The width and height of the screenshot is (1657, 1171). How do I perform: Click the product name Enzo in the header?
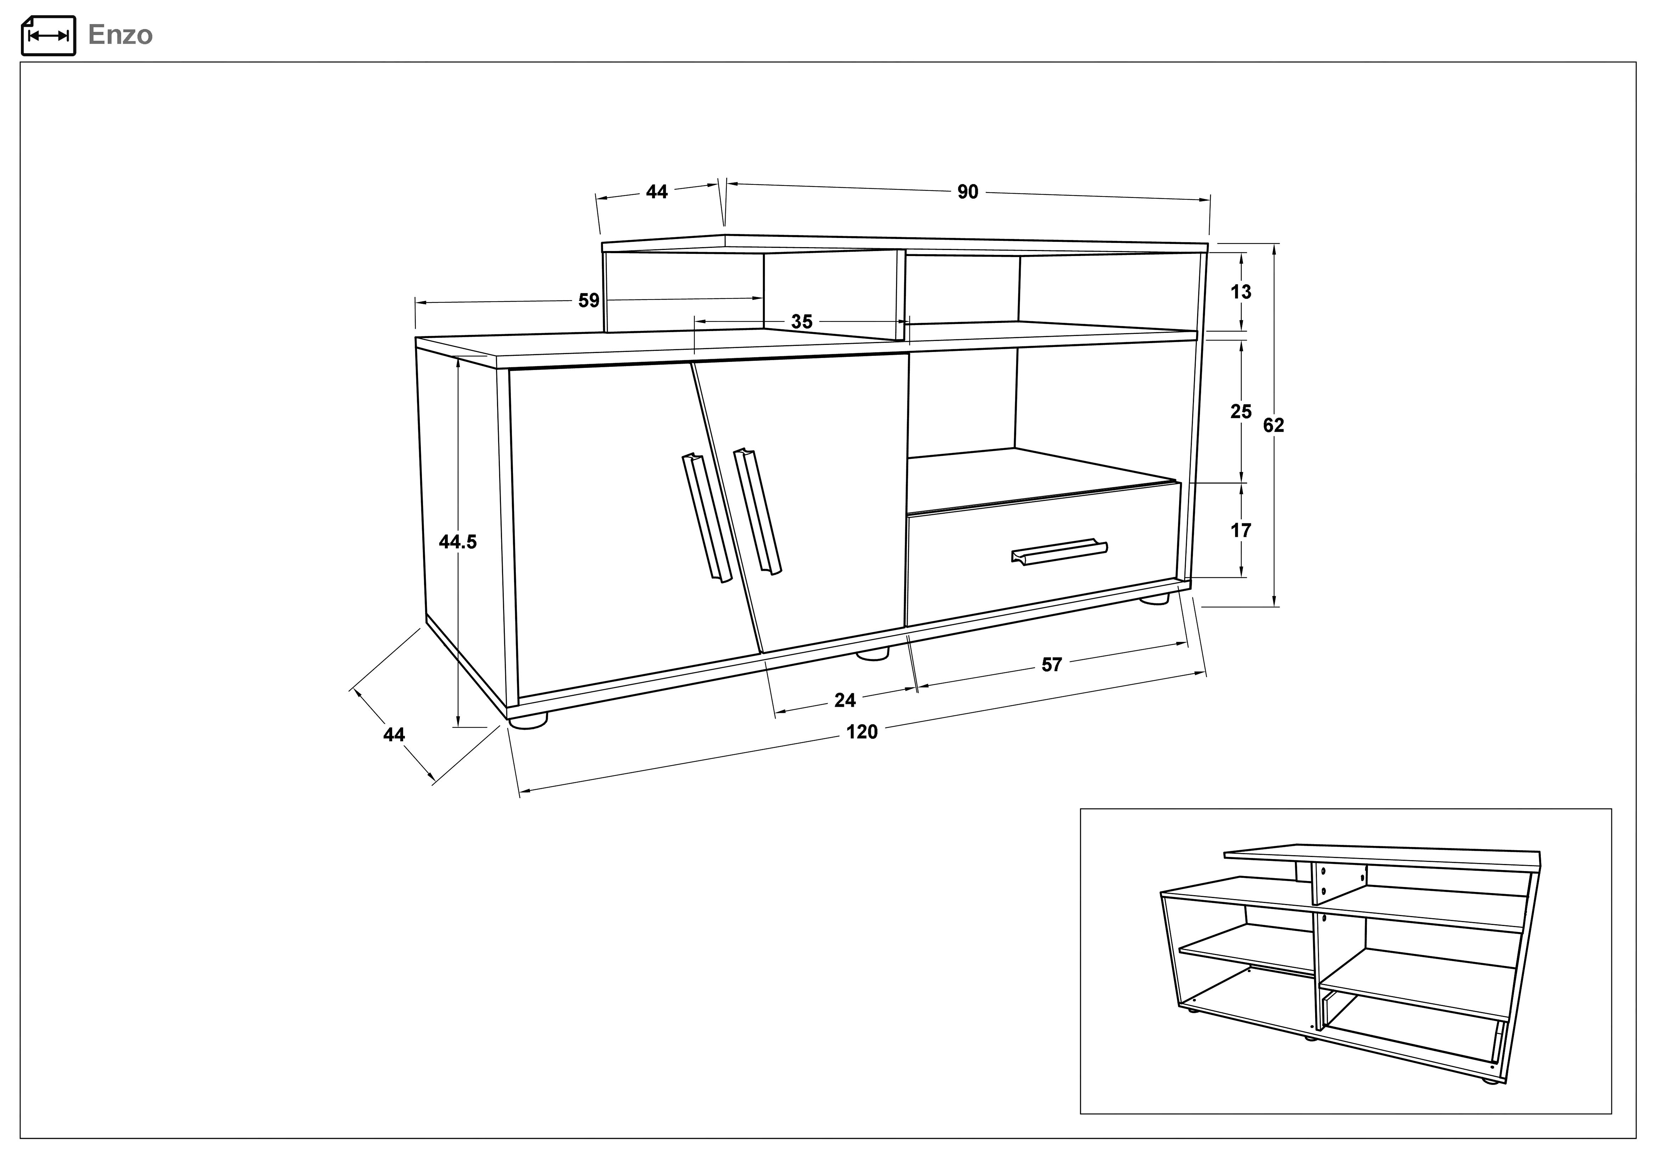click(x=120, y=35)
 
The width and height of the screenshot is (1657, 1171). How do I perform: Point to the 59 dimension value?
click(x=589, y=300)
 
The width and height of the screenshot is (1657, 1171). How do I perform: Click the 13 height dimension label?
click(x=1241, y=292)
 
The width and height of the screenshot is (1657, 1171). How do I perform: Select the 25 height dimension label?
click(x=1241, y=412)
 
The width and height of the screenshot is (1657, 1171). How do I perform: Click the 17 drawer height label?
click(x=1241, y=531)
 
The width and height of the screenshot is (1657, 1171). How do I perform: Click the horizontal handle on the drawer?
click(x=1059, y=552)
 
